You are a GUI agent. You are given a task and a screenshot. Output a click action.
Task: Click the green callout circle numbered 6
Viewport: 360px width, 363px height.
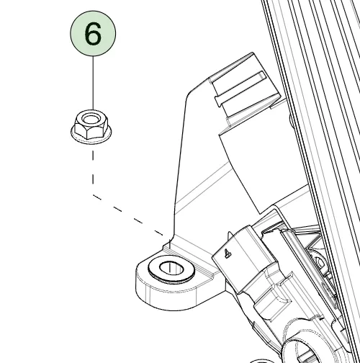[x=93, y=33]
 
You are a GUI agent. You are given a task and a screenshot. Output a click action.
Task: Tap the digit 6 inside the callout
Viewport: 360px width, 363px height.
[x=93, y=34]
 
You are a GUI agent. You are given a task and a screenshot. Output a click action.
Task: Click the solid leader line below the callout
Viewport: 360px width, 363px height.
[x=93, y=83]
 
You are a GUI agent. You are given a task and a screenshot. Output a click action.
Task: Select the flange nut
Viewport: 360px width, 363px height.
[x=91, y=127]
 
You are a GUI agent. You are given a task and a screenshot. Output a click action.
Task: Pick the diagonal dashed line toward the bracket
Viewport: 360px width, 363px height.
[x=128, y=215]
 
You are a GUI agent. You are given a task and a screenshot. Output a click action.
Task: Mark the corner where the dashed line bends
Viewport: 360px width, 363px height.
[x=93, y=195]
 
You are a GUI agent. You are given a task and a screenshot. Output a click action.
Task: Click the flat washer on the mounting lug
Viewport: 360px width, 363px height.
[x=171, y=269]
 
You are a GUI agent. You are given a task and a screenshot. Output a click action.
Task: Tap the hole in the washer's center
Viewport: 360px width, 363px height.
[x=171, y=268]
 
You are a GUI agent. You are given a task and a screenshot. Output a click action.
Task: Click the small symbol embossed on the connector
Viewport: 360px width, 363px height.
[x=227, y=254]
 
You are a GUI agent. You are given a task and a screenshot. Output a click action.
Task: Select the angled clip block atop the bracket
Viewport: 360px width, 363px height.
[x=245, y=88]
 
